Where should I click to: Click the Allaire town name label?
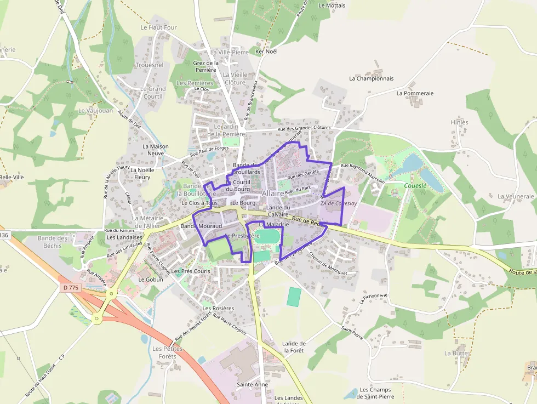273,194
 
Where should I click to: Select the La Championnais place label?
372,78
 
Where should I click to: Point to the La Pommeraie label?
415,93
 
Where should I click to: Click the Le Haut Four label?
158,27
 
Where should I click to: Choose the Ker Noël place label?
267,52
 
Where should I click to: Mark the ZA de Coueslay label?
339,203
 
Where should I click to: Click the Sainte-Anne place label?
252,385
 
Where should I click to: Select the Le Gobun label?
151,279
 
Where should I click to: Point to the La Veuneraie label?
516,196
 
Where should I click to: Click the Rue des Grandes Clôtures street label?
304,128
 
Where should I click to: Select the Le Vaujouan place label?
95,111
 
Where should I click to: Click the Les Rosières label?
218,308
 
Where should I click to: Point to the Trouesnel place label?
149,65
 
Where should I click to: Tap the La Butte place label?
456,354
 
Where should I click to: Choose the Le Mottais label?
332,5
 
